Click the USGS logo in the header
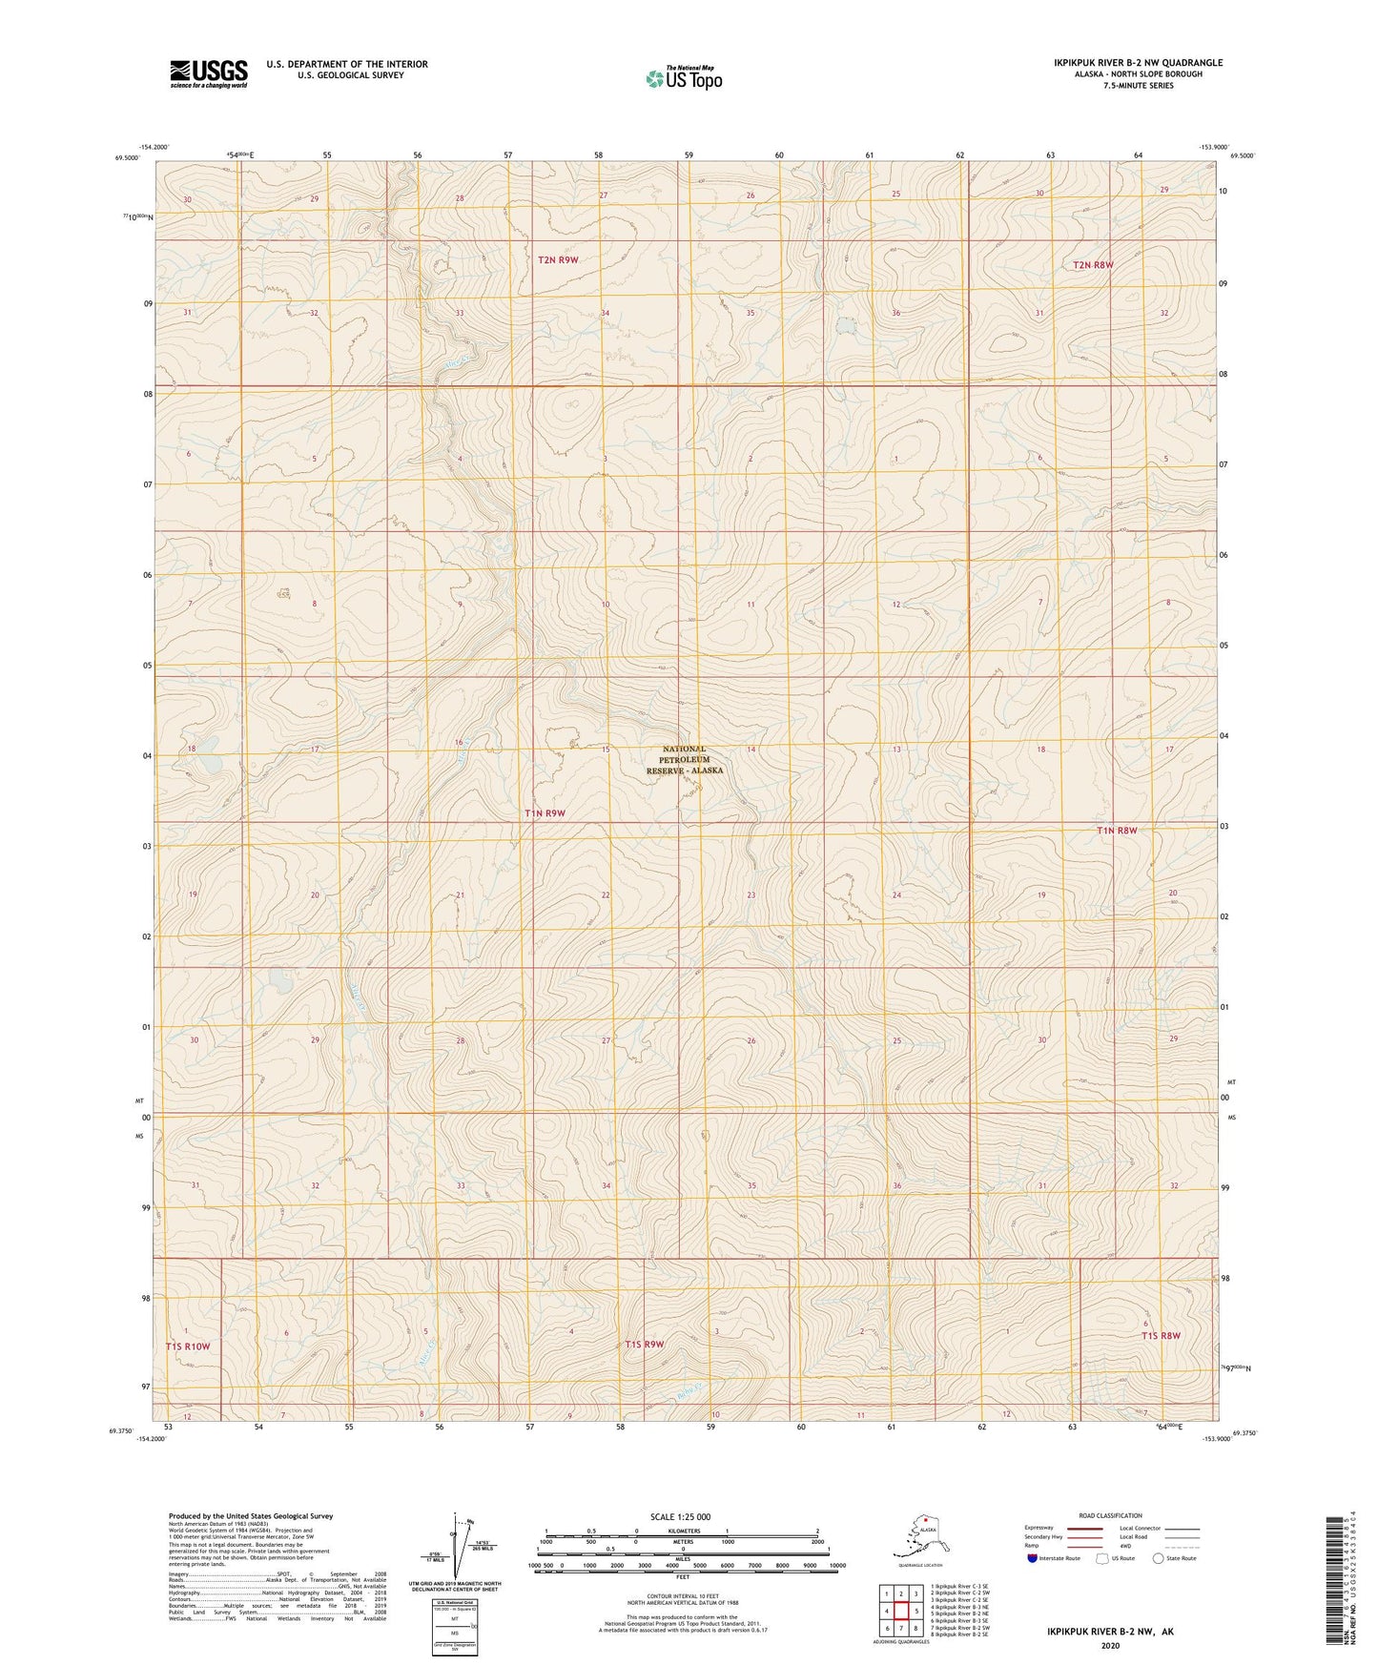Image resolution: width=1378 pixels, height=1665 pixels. pyautogui.click(x=209, y=73)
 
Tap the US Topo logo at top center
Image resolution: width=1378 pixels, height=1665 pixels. pyautogui.click(x=683, y=77)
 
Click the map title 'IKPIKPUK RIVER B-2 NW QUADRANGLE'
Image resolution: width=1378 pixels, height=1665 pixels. pyautogui.click(x=1138, y=63)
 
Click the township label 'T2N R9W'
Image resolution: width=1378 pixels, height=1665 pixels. pyautogui.click(x=558, y=259)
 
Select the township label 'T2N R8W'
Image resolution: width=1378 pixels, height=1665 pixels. pyautogui.click(x=1093, y=265)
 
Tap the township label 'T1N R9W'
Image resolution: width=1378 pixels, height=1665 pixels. pyautogui.click(x=545, y=813)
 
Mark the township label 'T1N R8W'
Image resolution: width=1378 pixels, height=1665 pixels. pyautogui.click(x=1117, y=831)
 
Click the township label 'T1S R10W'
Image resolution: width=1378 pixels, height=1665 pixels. pyautogui.click(x=187, y=1346)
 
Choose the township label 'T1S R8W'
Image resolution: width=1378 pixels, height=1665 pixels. pyautogui.click(x=1161, y=1336)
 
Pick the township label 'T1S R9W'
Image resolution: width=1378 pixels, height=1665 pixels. pyautogui.click(x=644, y=1345)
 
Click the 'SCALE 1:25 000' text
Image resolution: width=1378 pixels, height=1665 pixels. pyautogui.click(x=680, y=1516)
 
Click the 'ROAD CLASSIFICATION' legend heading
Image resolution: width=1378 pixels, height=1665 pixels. pyautogui.click(x=1110, y=1515)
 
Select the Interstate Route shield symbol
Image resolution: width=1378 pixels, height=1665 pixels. pyautogui.click(x=1033, y=1558)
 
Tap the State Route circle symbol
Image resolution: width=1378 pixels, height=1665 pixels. pyautogui.click(x=1159, y=1558)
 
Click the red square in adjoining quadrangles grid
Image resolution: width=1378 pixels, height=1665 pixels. pyautogui.click(x=900, y=1611)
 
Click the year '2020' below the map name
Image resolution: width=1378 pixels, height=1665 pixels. pyautogui.click(x=1110, y=1645)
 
